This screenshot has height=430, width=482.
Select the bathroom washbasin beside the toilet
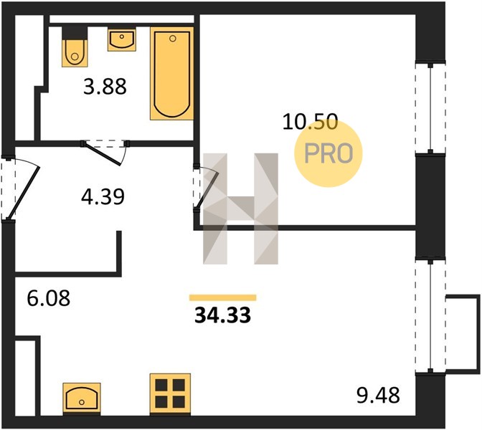(122, 39)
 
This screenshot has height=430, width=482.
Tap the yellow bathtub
(172, 73)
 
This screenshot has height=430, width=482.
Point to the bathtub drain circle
(173, 39)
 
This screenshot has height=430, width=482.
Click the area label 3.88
(105, 87)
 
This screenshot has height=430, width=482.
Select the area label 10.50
(310, 121)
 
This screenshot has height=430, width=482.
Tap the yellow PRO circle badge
(329, 153)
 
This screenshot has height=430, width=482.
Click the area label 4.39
(103, 196)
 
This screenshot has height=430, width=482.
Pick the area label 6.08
(49, 298)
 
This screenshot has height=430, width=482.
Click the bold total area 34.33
(223, 315)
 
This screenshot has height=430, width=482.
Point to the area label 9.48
(378, 396)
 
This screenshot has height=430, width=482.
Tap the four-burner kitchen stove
(170, 394)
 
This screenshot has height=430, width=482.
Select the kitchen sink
(82, 398)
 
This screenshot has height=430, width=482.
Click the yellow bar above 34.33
(223, 297)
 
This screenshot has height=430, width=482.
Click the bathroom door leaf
(103, 154)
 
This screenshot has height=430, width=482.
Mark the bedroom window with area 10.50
(430, 108)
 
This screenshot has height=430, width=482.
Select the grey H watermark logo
(240, 209)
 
